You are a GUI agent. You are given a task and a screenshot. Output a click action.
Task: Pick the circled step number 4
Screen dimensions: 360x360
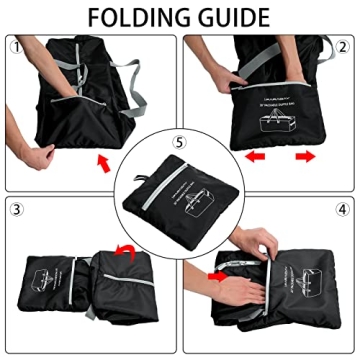pos(342,210)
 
